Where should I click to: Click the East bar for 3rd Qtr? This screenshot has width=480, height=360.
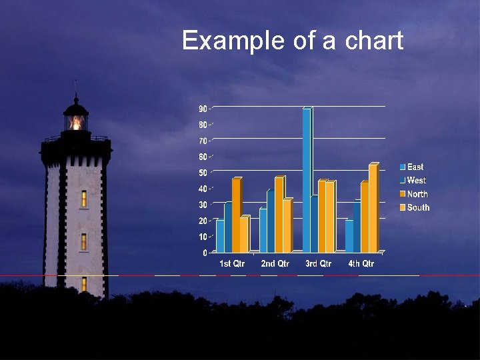[306, 180]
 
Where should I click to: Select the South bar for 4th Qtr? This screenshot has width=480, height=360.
[373, 208]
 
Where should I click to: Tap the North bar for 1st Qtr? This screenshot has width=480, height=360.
[236, 215]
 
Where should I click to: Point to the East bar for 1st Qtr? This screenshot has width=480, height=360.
[220, 235]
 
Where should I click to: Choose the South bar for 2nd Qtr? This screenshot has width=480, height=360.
[287, 225]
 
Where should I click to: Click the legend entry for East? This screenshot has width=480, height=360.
[411, 167]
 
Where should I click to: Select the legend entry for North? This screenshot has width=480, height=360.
[413, 194]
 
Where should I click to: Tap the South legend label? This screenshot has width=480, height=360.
[418, 207]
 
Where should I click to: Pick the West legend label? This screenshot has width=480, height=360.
[416, 180]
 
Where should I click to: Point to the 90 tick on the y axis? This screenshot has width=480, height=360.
[203, 109]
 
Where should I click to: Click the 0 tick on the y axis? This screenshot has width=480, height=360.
[204, 253]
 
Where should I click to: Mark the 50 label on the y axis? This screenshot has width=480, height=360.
[203, 173]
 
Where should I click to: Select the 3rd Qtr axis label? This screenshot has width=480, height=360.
[318, 264]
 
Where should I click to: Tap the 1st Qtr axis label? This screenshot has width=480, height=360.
[232, 264]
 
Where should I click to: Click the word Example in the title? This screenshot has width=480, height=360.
[233, 41]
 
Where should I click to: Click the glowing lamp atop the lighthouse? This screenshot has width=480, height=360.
[76, 123]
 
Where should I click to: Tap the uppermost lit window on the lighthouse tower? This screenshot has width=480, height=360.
[84, 198]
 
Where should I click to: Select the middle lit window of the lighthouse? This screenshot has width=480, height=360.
[84, 241]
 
